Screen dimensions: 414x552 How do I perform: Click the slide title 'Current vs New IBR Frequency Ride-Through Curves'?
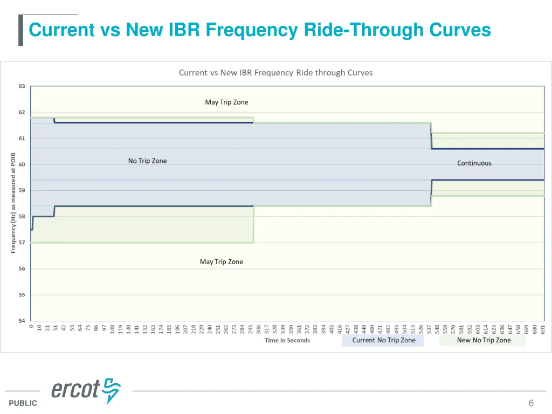click(x=259, y=30)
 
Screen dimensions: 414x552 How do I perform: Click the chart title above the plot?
click(x=275, y=73)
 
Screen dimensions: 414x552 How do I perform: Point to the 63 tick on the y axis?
click(x=22, y=86)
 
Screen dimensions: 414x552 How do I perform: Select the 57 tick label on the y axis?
click(x=22, y=243)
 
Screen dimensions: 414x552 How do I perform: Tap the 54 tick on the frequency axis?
click(x=22, y=321)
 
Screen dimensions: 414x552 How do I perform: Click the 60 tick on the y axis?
click(x=22, y=164)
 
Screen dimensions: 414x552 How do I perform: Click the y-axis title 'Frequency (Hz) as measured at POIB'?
click(x=13, y=203)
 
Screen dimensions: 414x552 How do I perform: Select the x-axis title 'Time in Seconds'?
click(x=287, y=341)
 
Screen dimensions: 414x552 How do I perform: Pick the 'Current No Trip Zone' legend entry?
click(x=383, y=340)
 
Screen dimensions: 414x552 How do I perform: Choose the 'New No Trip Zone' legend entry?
click(x=483, y=340)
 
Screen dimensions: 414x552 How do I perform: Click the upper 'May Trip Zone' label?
click(x=226, y=102)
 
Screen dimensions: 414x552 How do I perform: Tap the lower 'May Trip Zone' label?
click(x=221, y=262)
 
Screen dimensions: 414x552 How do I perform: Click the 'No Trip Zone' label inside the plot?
click(x=147, y=161)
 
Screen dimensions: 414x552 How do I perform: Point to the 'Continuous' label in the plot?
click(x=474, y=163)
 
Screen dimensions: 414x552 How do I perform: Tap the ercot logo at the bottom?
click(x=86, y=389)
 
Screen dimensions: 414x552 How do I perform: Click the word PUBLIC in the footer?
click(x=23, y=403)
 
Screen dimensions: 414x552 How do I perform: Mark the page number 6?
click(x=531, y=403)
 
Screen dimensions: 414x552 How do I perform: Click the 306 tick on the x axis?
click(x=259, y=329)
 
